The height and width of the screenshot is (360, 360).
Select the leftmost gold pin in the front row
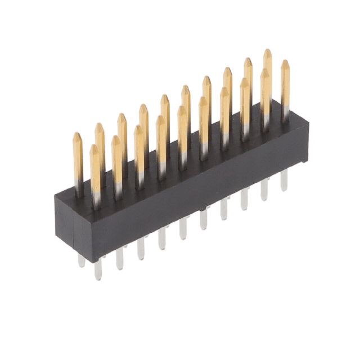pos(95,169)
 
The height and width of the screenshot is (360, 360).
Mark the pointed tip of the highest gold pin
pos(267,52)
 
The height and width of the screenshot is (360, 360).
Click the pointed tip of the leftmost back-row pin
pos(78,135)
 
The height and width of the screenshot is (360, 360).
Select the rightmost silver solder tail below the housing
pos(284,180)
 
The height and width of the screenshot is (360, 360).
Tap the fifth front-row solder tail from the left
pos(183,228)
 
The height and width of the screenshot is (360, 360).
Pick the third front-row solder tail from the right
pos(244,199)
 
